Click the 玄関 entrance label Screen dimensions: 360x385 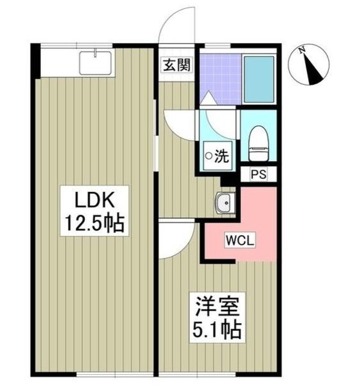click(177, 66)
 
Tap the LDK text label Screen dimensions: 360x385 click(95, 200)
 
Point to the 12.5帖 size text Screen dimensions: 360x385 click(95, 223)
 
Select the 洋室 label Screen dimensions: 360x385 click(217, 307)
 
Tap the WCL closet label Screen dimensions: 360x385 click(240, 241)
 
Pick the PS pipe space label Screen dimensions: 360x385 click(258, 174)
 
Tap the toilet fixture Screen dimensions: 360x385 click(259, 144)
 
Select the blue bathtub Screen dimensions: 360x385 click(259, 79)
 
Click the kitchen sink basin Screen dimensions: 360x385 click(95, 63)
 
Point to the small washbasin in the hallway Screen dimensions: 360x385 click(225, 202)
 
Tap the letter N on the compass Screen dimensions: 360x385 click(302, 50)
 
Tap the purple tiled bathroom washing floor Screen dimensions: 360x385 click(220, 79)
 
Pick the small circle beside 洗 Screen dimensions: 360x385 click(209, 155)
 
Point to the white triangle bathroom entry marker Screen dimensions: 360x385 click(208, 97)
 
